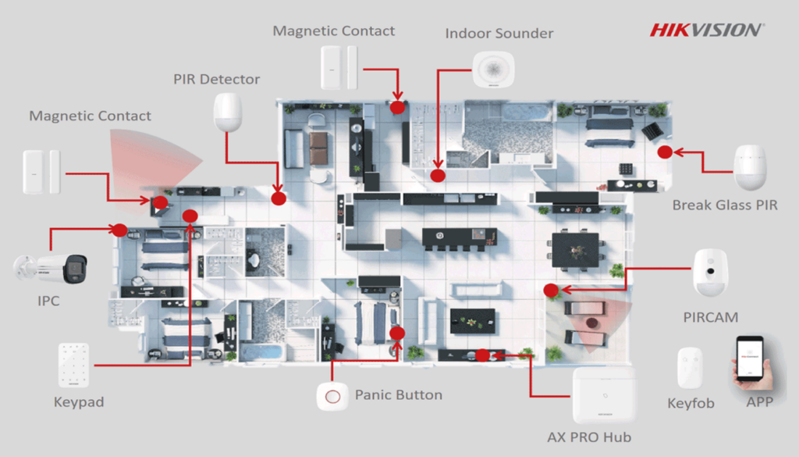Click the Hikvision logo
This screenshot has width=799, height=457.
click(707, 30)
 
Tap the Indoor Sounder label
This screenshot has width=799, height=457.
click(499, 34)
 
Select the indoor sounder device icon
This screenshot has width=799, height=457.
click(493, 69)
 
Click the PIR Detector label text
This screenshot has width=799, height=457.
click(217, 79)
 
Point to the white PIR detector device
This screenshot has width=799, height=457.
click(229, 112)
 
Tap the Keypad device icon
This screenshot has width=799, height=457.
click(73, 365)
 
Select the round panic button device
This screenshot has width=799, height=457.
click(332, 396)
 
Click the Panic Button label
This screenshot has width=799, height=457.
click(398, 395)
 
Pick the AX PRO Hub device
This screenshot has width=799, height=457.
click(604, 396)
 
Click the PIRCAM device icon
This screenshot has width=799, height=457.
click(711, 273)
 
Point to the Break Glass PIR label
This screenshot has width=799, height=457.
click(725, 205)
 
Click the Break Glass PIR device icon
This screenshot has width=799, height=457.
click(751, 167)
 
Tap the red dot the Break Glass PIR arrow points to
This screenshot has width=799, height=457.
click(664, 152)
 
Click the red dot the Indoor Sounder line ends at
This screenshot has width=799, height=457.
click(439, 176)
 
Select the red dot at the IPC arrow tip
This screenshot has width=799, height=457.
click(119, 230)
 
